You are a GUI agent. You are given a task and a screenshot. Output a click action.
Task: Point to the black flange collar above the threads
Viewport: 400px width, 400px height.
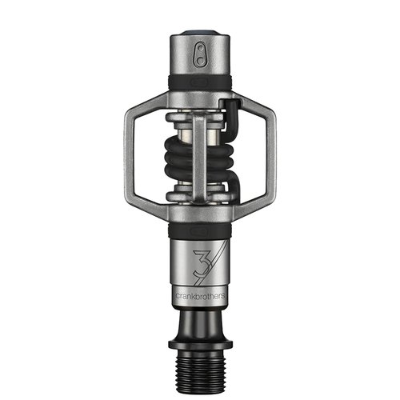pos(200,338)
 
